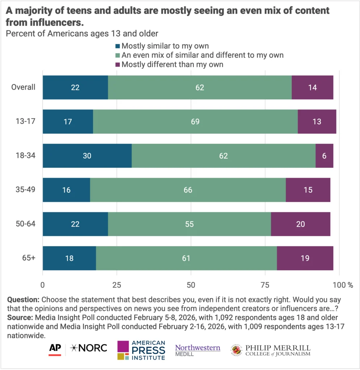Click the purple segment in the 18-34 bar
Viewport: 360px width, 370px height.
click(x=324, y=156)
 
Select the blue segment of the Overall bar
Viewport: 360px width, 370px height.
click(x=75, y=87)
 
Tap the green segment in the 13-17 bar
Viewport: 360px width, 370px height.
click(x=195, y=121)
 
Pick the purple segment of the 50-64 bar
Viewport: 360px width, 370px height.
click(x=300, y=224)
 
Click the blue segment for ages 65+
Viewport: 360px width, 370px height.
click(x=69, y=258)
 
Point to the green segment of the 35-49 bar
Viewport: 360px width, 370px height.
click(x=188, y=190)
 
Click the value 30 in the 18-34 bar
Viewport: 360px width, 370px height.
click(x=87, y=156)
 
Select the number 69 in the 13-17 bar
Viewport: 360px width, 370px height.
click(x=195, y=122)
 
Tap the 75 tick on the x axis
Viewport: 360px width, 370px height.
click(x=265, y=285)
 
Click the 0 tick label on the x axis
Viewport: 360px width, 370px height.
click(x=43, y=285)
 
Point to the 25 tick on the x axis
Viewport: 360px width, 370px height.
click(x=117, y=285)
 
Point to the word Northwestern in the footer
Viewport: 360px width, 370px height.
click(x=198, y=348)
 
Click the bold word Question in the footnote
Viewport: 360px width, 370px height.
click(x=23, y=300)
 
